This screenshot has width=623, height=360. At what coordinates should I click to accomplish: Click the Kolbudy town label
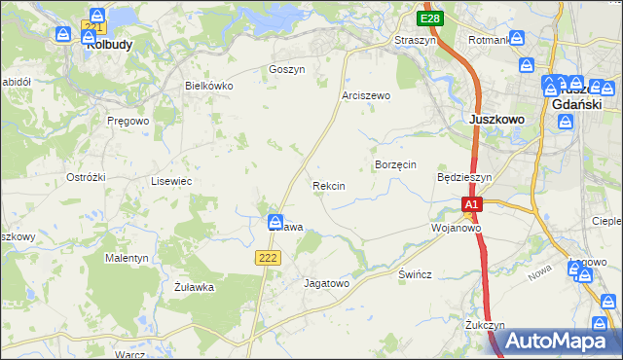click(109, 45)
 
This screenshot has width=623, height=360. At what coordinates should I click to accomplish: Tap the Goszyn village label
click(287, 70)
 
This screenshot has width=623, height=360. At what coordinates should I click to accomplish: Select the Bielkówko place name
click(209, 86)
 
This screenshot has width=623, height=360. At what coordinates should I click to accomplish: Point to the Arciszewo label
click(365, 95)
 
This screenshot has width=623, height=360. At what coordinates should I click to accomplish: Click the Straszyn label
click(414, 40)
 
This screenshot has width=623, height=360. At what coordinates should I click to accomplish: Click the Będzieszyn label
click(464, 178)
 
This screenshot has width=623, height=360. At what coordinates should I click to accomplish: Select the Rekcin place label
click(328, 185)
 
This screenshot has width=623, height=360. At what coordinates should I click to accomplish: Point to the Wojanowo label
click(457, 228)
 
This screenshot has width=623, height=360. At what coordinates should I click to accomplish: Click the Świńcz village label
click(415, 274)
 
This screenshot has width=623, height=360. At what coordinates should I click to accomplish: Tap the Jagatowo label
click(326, 283)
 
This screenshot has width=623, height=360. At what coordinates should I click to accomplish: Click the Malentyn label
click(127, 259)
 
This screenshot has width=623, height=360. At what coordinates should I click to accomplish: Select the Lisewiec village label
click(170, 181)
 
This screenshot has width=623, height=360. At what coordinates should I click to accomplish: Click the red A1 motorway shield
click(471, 205)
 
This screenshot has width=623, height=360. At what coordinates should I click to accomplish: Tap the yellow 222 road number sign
click(270, 257)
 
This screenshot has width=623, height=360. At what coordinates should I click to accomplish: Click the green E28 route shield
click(430, 18)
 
